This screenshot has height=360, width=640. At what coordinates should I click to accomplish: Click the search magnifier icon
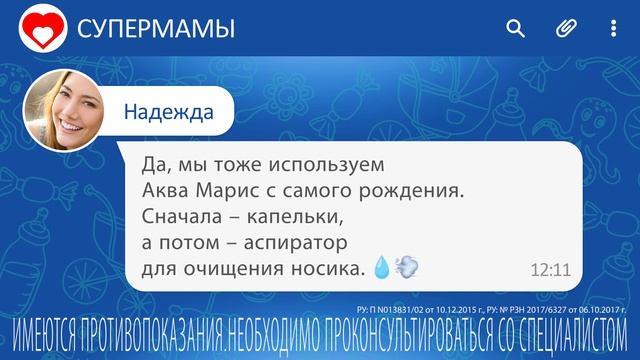tap(515, 29)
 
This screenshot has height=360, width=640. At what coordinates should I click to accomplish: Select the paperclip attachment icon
tap(565, 29)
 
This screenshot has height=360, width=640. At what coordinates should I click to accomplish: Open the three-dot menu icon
tap(614, 29)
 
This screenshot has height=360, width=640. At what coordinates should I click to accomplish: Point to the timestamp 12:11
tap(549, 269)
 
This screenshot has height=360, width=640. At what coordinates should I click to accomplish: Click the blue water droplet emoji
tap(381, 267)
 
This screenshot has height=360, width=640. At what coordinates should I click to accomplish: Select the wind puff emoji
tap(406, 267)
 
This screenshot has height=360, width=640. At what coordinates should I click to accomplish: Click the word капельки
tap(282, 215)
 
